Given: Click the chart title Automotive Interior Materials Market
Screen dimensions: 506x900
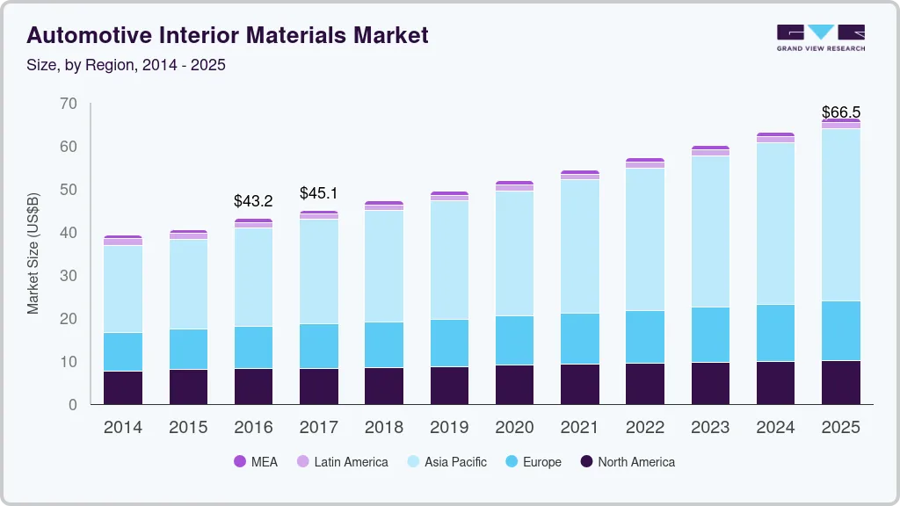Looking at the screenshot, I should [228, 35].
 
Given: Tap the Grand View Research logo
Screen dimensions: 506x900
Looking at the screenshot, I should [820, 37].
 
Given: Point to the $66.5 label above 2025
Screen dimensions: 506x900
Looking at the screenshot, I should [840, 112].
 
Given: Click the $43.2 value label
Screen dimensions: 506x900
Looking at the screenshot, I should [253, 201].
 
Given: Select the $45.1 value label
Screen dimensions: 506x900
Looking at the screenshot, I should [318, 193].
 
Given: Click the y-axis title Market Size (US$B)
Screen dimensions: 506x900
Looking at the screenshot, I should [33, 254].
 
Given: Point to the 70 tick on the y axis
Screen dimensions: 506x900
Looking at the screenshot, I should [68, 105].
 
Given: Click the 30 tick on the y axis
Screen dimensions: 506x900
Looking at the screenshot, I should [68, 276].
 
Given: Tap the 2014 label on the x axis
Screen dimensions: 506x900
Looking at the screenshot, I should [122, 428].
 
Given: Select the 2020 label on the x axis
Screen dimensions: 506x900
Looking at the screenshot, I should [514, 428].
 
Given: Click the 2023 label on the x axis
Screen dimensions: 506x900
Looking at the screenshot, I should [710, 428].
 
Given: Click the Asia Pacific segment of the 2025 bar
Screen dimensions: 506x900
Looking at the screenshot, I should [841, 215].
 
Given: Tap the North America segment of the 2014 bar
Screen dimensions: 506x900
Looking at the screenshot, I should [123, 387].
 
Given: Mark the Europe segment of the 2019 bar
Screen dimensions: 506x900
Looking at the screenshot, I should [449, 343].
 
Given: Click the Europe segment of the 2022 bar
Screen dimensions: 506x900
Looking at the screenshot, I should [645, 336].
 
